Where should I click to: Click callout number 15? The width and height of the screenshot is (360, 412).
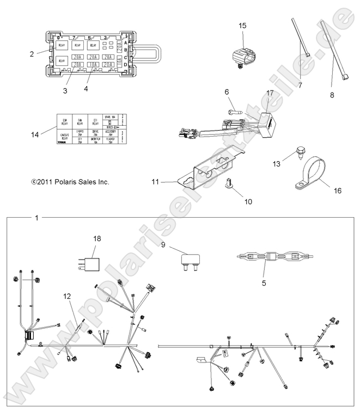pyautogui.click(x=242, y=26)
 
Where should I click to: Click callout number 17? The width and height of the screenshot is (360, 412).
pyautogui.click(x=269, y=94)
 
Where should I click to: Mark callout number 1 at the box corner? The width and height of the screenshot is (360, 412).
pyautogui.click(x=36, y=218)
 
